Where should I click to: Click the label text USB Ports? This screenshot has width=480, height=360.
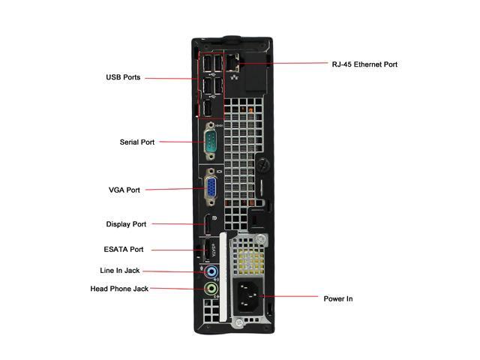tap(122, 77)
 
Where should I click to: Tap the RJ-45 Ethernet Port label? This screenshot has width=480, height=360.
tap(364, 64)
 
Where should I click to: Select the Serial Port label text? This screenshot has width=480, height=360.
tap(137, 142)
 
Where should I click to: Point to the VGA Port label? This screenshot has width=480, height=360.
tap(124, 190)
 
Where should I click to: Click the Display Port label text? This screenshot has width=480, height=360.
tap(126, 223)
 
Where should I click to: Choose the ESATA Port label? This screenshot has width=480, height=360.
tap(124, 250)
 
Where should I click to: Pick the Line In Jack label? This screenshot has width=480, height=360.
tap(120, 271)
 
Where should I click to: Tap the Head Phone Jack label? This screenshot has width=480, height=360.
tap(119, 289)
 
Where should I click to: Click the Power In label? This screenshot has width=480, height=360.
tap(338, 298)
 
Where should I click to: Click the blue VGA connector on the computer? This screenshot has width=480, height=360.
tap(212, 188)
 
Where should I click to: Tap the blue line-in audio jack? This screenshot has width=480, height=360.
tap(211, 271)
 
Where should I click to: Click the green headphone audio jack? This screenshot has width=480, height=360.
tap(211, 289)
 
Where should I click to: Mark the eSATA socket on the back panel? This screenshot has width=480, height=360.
tap(202, 250)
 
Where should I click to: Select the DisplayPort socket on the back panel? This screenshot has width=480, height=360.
tap(204, 223)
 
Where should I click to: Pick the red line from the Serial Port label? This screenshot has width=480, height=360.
tap(180, 141)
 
